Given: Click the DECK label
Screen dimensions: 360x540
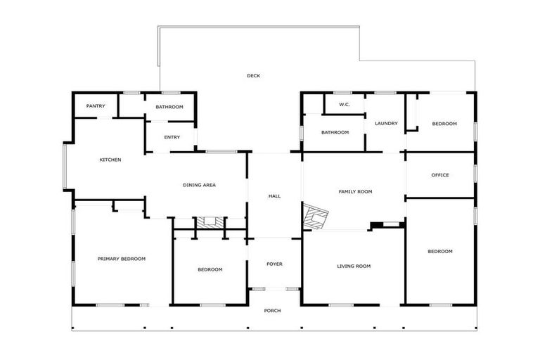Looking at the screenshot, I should (x=253, y=76).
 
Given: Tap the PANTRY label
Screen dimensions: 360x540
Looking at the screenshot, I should (x=96, y=106).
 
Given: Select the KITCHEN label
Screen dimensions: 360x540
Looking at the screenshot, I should (x=110, y=160).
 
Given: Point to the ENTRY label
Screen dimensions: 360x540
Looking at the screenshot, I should (x=172, y=137).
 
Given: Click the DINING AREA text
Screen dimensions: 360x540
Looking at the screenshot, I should (x=199, y=185).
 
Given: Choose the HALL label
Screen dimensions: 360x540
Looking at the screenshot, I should (x=274, y=196).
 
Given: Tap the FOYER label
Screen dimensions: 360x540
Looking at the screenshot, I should (x=274, y=264).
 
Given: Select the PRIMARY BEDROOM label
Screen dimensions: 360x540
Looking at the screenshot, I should (x=121, y=259).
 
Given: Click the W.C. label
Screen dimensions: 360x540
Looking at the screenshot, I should (x=345, y=105).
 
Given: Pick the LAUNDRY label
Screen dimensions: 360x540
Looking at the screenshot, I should (x=386, y=124).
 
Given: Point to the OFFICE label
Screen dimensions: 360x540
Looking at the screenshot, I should (x=440, y=175).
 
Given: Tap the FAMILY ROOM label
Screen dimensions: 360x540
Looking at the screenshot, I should (x=355, y=191).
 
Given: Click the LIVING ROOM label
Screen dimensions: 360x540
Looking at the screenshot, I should (x=354, y=266).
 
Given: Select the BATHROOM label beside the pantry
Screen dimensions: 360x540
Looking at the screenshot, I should (x=169, y=107).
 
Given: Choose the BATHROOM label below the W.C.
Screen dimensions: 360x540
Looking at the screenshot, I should (x=335, y=132).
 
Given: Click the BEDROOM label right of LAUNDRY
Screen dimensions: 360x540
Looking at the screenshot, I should (x=444, y=124).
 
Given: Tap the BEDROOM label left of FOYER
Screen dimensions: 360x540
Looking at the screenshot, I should (x=210, y=269).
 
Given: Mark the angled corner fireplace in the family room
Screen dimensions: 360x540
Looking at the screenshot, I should (x=316, y=217).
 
